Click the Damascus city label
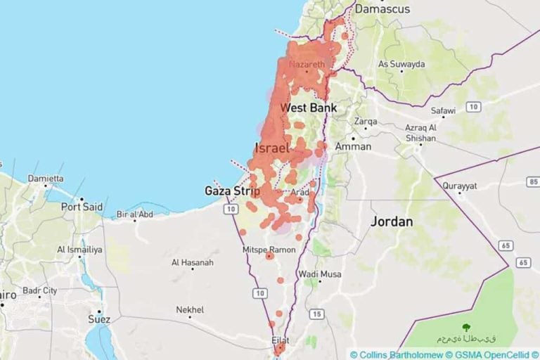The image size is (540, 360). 382,9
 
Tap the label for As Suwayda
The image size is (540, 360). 401,64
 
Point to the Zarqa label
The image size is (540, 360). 366,121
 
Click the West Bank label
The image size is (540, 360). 308,108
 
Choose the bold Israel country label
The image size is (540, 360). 272,148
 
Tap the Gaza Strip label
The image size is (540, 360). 232,191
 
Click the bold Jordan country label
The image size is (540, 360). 392,221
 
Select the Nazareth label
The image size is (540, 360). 307,65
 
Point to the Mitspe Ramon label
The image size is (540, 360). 269,250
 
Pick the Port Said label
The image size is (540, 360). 82,207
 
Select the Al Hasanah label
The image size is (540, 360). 192,263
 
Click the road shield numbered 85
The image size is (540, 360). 532,182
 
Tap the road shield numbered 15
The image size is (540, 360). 316,314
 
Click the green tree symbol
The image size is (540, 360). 465,327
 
